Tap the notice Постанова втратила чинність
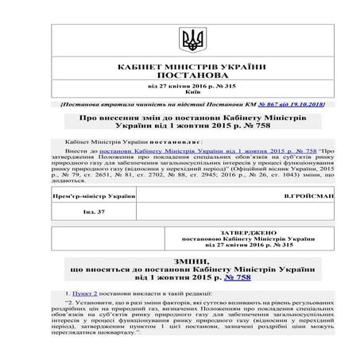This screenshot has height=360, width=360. [x=119, y=104]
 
